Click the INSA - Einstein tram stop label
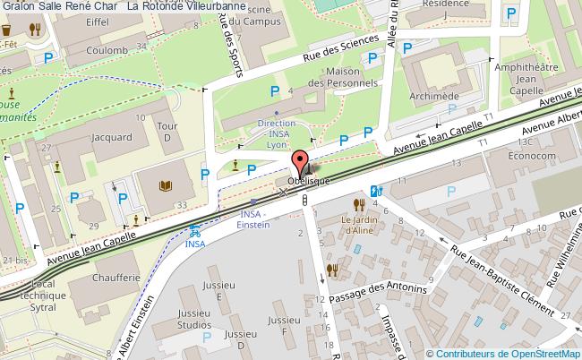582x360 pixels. click(253, 219)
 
